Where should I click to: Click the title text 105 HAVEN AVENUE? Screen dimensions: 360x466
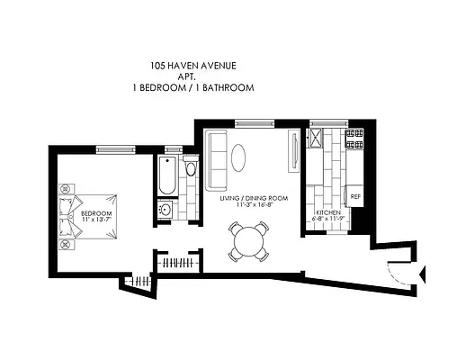[x=201, y=65]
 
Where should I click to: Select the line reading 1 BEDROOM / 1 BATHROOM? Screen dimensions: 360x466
[x=201, y=88]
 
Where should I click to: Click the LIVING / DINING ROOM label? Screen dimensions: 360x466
[x=253, y=197]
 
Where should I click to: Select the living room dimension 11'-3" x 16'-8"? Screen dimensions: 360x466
[x=253, y=204]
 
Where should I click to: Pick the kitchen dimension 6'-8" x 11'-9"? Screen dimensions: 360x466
[x=327, y=219]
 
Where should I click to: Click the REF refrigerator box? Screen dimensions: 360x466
[x=355, y=196]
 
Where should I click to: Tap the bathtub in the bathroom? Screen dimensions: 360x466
[x=167, y=176]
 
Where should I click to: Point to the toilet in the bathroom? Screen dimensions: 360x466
[x=190, y=169]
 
